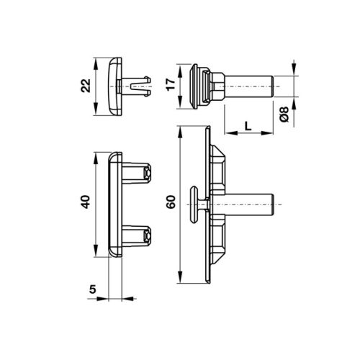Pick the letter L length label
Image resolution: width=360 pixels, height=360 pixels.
248,125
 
